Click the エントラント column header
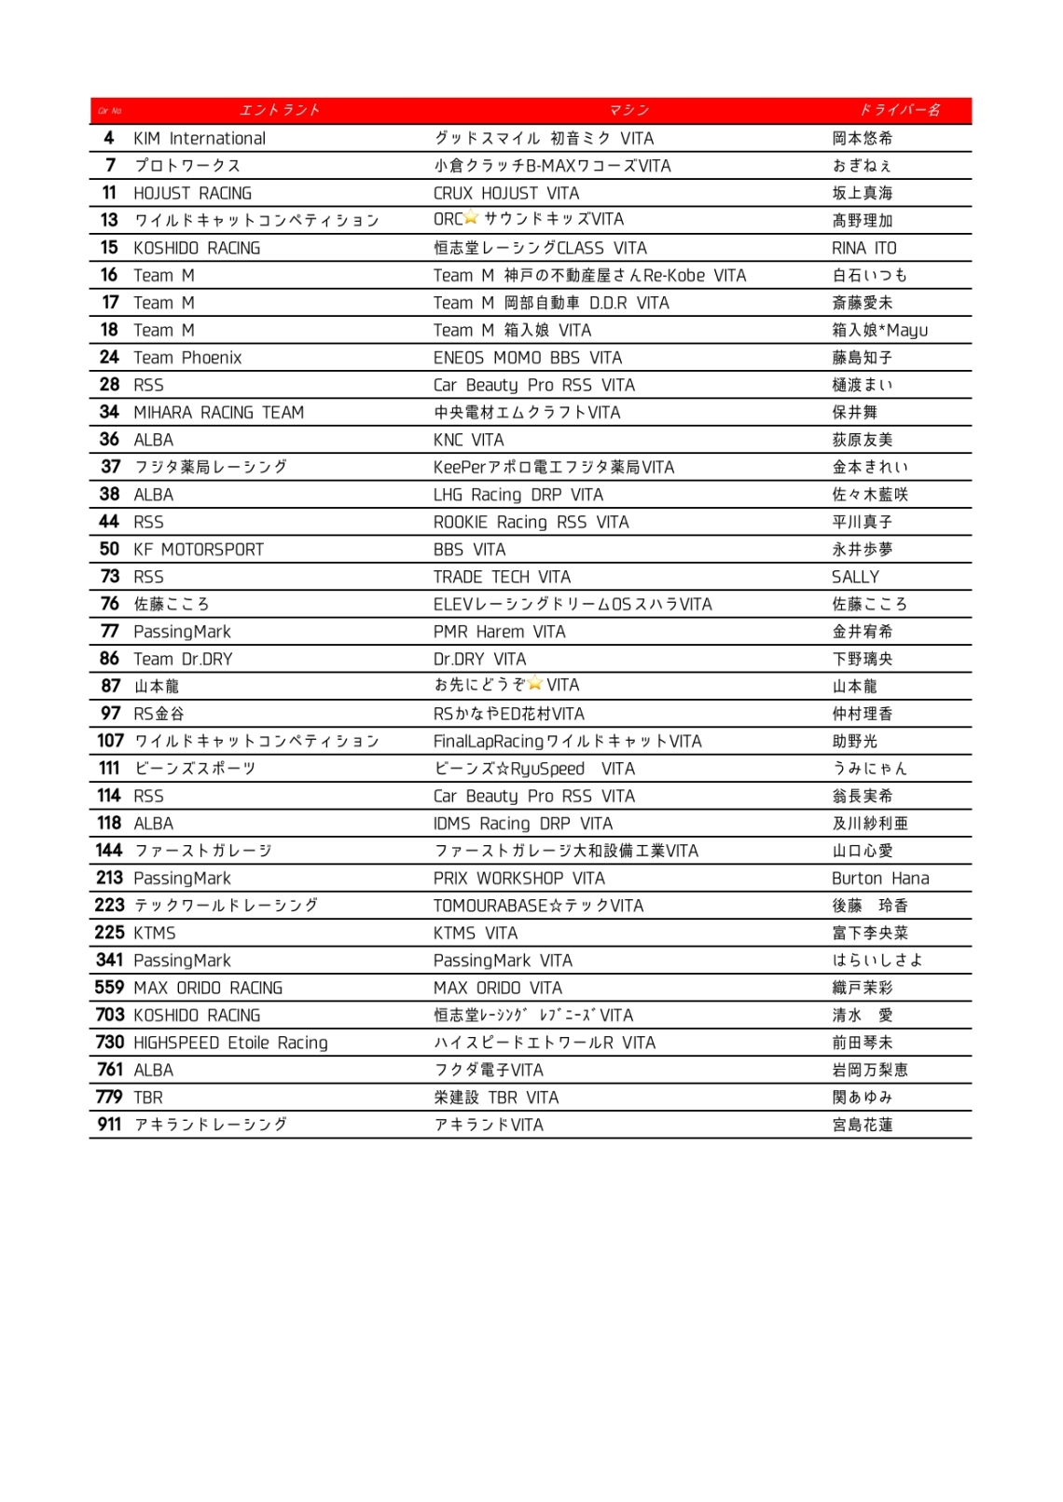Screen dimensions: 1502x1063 click(x=280, y=110)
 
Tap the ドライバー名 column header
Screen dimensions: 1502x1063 click(x=900, y=110)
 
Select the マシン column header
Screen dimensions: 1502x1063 click(x=629, y=110)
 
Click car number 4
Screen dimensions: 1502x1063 click(x=109, y=138)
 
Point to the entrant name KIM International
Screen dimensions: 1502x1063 click(x=200, y=138)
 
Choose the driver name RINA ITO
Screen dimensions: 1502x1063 click(x=864, y=248)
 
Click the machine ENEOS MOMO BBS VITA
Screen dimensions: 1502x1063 click(x=528, y=358)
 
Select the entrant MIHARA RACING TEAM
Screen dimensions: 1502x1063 click(x=218, y=412)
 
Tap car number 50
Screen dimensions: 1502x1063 click(x=109, y=549)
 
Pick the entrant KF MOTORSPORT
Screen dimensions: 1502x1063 click(x=199, y=549)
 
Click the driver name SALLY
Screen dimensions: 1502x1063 click(x=855, y=577)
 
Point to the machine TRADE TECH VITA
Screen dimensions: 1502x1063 click(x=502, y=577)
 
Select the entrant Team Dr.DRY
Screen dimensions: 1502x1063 click(x=183, y=659)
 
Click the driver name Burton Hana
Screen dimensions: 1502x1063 click(x=880, y=878)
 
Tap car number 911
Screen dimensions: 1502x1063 click(x=109, y=1125)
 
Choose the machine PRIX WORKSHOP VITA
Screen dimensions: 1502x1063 click(x=518, y=878)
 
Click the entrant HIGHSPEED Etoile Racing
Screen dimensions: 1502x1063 click(x=230, y=1043)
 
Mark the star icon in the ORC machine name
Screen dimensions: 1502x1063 click(x=471, y=217)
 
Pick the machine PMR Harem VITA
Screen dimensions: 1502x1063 click(x=499, y=632)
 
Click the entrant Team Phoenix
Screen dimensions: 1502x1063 click(x=187, y=358)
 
